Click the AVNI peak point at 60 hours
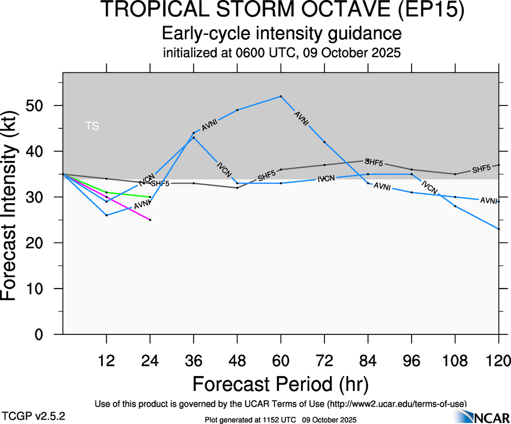tap(281, 96)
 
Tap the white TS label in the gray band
tap(92, 126)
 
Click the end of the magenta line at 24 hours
tap(150, 220)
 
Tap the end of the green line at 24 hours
tap(150, 197)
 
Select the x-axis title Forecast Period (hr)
tap(281, 384)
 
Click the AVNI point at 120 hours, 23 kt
tap(498, 229)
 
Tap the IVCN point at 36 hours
tap(194, 138)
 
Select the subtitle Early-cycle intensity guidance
tap(282, 34)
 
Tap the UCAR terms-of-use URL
tap(397, 404)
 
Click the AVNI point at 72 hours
tap(325, 142)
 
